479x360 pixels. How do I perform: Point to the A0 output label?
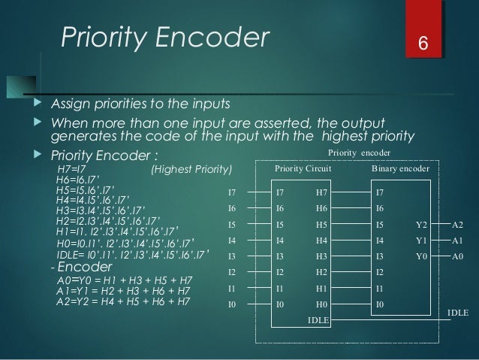[x=458, y=256]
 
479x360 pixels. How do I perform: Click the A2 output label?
[x=458, y=225]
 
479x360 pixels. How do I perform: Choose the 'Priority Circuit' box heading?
[x=303, y=170]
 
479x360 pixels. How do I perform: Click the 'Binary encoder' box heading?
[x=400, y=170]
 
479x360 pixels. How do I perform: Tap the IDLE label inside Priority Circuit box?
[x=318, y=320]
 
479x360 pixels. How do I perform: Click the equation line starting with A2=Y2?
[x=122, y=302]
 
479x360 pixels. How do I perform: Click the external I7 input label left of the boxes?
[x=233, y=192]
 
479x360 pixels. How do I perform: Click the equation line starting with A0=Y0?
[x=122, y=281]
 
